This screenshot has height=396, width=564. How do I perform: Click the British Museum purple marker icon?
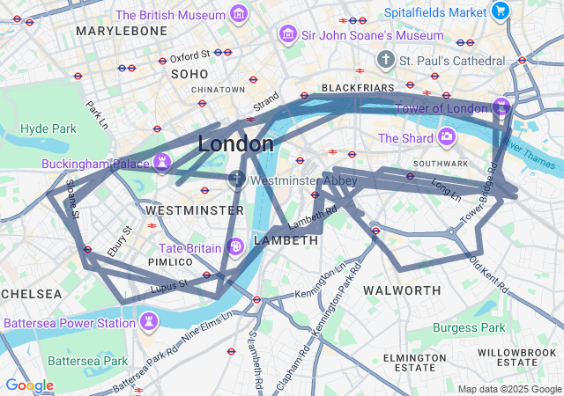pyautogui.click(x=238, y=14)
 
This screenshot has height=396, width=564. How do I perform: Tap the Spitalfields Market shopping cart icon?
pyautogui.click(x=501, y=11)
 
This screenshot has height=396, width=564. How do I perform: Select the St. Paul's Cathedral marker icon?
pyautogui.click(x=384, y=61)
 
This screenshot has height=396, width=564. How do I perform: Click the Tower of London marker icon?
pyautogui.click(x=501, y=107)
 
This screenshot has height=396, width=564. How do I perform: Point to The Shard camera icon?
pyautogui.click(x=446, y=137)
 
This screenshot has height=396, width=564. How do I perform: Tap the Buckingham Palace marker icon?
pyautogui.click(x=161, y=163)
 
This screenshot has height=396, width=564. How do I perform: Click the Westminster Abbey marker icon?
pyautogui.click(x=236, y=180)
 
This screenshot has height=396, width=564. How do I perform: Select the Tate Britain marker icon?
pyautogui.click(x=235, y=247)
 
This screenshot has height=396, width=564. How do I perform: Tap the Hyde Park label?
pyautogui.click(x=48, y=128)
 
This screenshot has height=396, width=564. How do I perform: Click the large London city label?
pyautogui.click(x=235, y=143)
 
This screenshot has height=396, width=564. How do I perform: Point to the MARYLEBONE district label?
pyautogui.click(x=122, y=31)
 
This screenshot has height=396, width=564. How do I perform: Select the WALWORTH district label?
pyautogui.click(x=402, y=290)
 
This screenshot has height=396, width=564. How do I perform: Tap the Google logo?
pyautogui.click(x=29, y=385)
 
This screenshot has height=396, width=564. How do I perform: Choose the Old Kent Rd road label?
pyautogui.click(x=488, y=274)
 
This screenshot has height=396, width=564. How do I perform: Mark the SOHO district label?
pyautogui.click(x=189, y=74)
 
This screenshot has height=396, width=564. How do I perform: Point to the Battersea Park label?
pyautogui.click(x=87, y=361)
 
